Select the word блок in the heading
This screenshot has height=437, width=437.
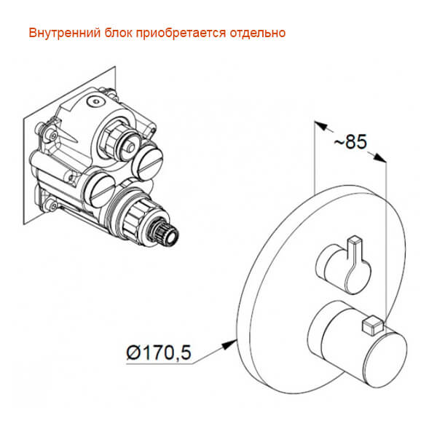pos(117,34)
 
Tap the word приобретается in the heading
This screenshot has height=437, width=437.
pos(186,34)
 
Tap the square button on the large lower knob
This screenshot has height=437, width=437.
pos(371,321)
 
